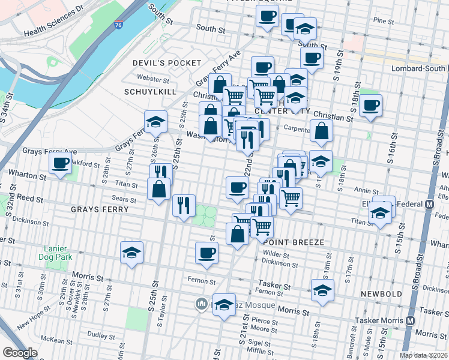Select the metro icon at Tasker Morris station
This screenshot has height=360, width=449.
click(x=411, y=320)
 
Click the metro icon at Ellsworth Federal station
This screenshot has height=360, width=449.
click(x=429, y=204)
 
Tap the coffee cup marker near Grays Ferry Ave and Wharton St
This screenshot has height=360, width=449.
click(x=60, y=163)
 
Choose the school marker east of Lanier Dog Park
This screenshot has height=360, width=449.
click(x=131, y=253)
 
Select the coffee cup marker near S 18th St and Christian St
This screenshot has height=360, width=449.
click(x=370, y=106)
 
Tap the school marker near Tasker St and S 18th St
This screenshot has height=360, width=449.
click(x=322, y=291)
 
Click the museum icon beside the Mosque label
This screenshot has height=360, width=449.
click(x=202, y=305)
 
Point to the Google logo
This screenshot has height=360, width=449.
click(x=20, y=353)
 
